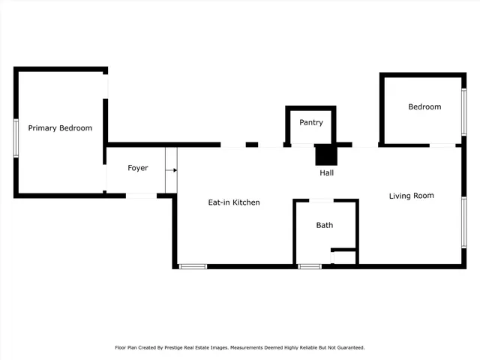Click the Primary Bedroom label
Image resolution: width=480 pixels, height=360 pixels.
click(60, 128)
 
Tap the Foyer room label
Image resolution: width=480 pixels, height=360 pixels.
click(137, 168)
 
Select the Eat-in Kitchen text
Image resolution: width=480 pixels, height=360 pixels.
click(234, 202)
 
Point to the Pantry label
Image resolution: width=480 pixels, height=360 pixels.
click(311, 122)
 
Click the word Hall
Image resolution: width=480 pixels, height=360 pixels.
click(327, 173)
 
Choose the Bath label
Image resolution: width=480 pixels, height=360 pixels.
click(325, 225)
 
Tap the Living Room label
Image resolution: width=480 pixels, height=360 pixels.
click(411, 196)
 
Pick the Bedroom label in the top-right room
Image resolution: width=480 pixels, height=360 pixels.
click(424, 107)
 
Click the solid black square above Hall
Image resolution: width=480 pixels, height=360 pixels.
click(326, 154)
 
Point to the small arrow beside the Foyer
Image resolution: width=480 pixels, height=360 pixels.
click(174, 170)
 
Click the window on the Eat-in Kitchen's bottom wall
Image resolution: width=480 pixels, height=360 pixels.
click(193, 265)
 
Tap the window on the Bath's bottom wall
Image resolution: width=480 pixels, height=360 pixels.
click(310, 265)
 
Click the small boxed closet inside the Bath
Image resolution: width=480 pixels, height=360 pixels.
click(343, 257)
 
